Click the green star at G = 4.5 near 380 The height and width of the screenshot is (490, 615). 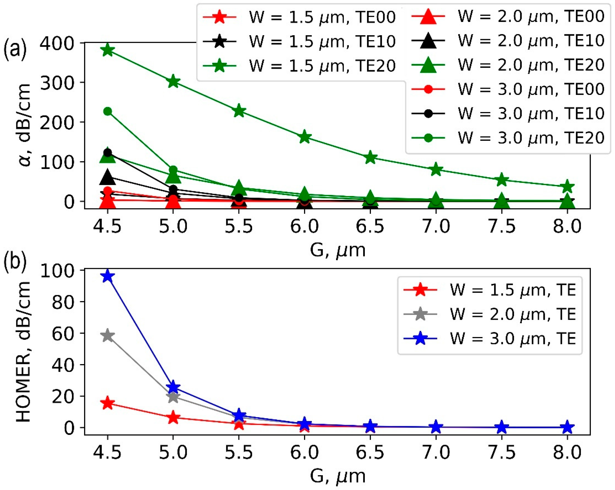[108, 51]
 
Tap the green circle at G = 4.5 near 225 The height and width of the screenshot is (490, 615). [108, 111]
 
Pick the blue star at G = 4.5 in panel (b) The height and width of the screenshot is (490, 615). [108, 276]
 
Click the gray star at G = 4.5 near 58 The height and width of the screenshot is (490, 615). [108, 335]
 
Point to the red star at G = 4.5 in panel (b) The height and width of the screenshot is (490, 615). [108, 403]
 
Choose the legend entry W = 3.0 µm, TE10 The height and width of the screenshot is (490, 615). [508, 113]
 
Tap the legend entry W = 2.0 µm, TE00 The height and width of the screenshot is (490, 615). [508, 16]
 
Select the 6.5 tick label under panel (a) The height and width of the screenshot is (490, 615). [370, 226]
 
